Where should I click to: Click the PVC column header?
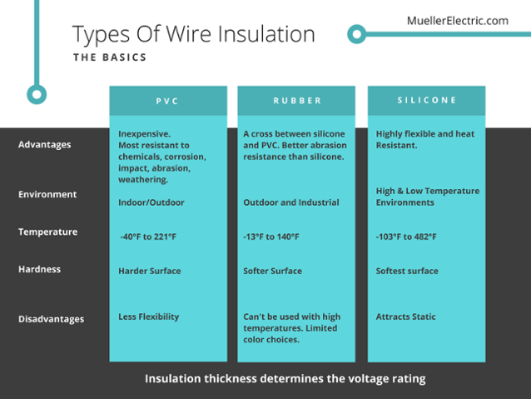pyautogui.click(x=167, y=101)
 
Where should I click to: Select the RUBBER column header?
pyautogui.click(x=297, y=101)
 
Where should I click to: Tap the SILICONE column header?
pyautogui.click(x=427, y=100)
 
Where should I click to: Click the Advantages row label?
pyautogui.click(x=45, y=145)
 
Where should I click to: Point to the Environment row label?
pyautogui.click(x=47, y=194)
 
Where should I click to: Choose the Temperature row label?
pyautogui.click(x=47, y=232)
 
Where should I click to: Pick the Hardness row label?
pyautogui.click(x=40, y=269)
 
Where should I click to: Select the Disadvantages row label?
pyautogui.click(x=51, y=319)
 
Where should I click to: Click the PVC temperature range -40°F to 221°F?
pyautogui.click(x=148, y=237)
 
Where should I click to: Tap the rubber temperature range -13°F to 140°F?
pyautogui.click(x=271, y=237)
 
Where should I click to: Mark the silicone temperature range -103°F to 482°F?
pyautogui.click(x=406, y=237)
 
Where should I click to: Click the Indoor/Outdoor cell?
pyautogui.click(x=151, y=202)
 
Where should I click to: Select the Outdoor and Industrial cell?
pyautogui.click(x=291, y=202)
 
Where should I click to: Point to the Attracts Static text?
pyautogui.click(x=405, y=317)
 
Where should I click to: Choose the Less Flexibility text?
pyautogui.click(x=149, y=317)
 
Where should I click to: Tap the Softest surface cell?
pyautogui.click(x=407, y=271)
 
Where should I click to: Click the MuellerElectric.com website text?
pyautogui.click(x=458, y=21)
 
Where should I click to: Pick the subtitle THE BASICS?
pyautogui.click(x=110, y=57)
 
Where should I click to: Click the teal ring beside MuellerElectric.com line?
pyautogui.click(x=356, y=34)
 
